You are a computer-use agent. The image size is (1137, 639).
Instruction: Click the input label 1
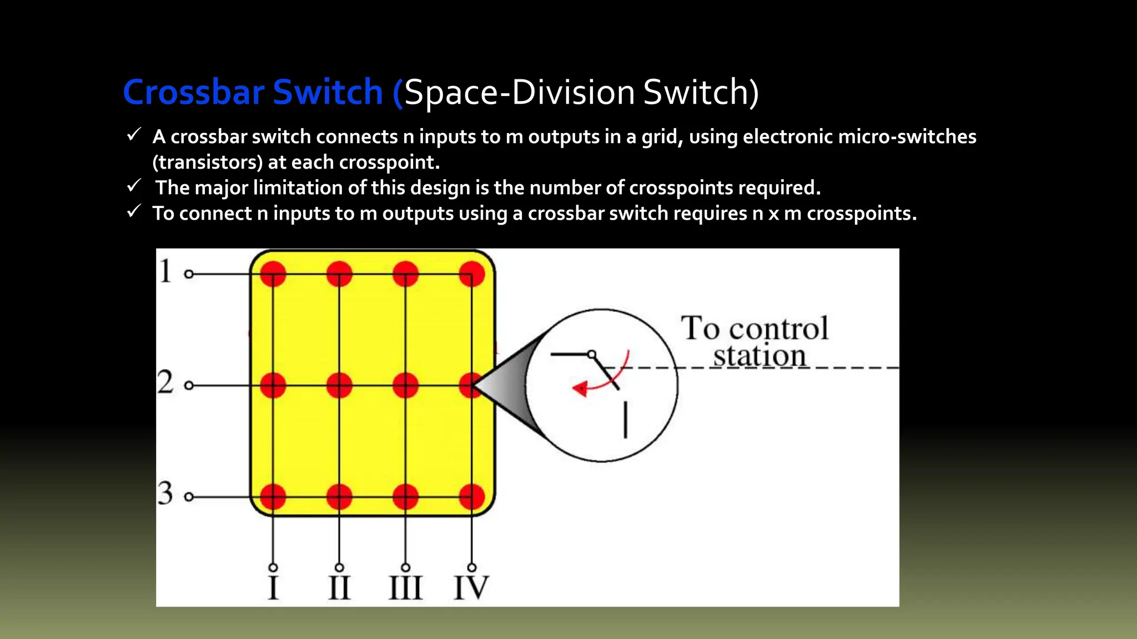(165, 271)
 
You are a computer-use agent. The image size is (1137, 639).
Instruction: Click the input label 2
(165, 382)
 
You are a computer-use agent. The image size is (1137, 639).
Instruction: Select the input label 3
(165, 493)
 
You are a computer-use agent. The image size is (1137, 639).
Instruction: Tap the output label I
(273, 588)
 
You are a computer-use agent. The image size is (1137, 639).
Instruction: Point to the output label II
(339, 588)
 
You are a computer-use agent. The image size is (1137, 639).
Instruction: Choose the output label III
(406, 588)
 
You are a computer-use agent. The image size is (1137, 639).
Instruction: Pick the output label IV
(471, 588)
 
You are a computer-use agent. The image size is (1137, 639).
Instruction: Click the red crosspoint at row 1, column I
(273, 274)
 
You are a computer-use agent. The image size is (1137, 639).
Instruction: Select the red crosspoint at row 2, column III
(406, 386)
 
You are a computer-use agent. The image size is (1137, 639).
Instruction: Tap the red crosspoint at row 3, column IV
(472, 496)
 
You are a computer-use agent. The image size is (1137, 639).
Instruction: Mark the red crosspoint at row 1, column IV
(472, 274)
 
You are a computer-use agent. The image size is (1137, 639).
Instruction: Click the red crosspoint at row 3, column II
(339, 496)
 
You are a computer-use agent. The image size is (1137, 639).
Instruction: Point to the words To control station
(755, 342)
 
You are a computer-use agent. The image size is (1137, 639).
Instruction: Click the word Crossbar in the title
(194, 92)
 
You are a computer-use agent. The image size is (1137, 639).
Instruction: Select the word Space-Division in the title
(519, 92)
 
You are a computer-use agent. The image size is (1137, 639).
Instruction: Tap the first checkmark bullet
(133, 135)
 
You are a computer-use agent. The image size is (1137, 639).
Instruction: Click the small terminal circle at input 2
(189, 386)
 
